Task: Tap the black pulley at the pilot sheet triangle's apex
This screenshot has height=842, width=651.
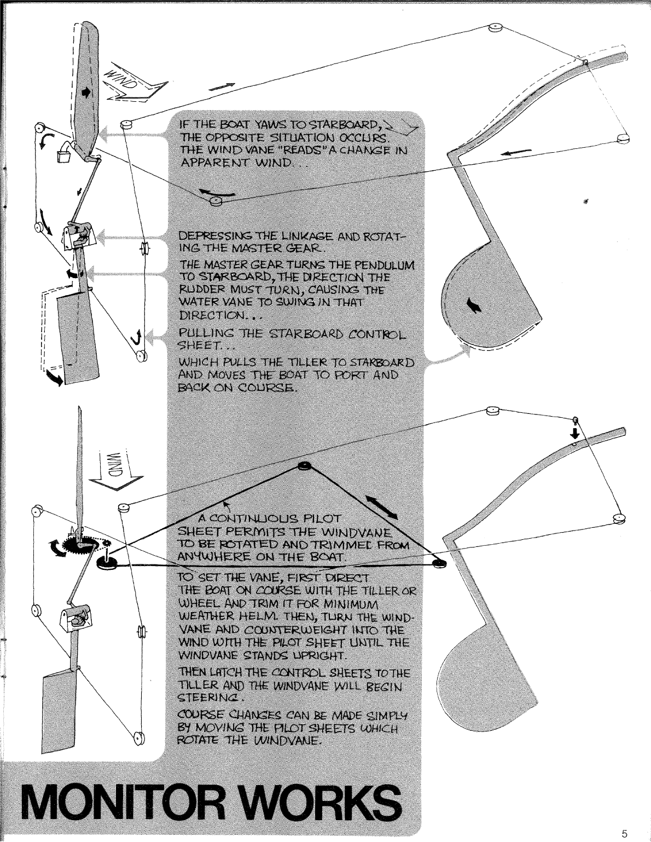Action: (304, 465)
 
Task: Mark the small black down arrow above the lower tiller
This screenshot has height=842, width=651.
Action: (575, 432)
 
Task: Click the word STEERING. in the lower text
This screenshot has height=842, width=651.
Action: (211, 697)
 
